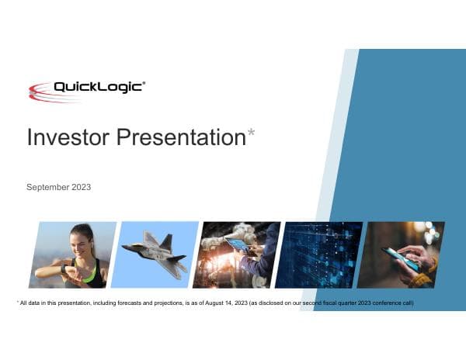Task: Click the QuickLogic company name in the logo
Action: (97, 87)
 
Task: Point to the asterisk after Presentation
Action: (251, 134)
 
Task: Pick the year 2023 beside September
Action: (81, 187)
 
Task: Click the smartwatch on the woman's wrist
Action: (64, 268)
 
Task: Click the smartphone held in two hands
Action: (400, 258)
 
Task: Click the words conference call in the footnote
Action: (392, 303)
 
